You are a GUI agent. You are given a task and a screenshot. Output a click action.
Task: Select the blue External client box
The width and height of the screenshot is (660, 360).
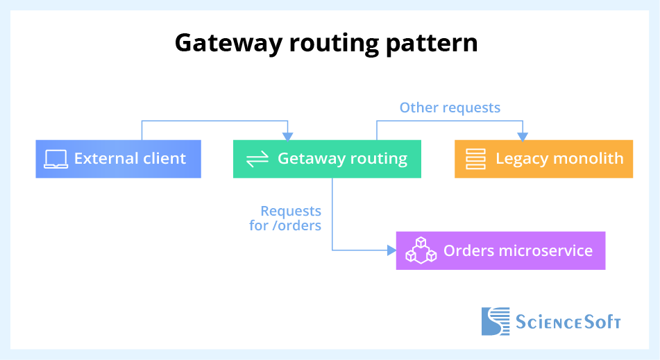click(118, 159)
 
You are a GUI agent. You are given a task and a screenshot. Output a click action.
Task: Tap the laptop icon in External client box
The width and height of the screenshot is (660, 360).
click(56, 159)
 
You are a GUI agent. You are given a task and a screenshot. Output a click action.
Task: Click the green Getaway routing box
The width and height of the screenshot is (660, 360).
click(327, 159)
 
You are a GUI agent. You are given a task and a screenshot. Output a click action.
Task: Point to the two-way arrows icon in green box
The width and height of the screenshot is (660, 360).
click(257, 159)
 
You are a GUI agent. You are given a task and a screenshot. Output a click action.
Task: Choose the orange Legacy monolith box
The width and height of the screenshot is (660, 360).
click(543, 159)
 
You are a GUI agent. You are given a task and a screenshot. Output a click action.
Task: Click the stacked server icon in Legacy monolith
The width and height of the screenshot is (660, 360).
click(475, 159)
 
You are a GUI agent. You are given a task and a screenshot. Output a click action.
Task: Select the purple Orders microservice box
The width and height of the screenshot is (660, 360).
click(500, 250)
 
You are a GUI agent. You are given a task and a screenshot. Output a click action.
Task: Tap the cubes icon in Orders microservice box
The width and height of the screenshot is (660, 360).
click(421, 250)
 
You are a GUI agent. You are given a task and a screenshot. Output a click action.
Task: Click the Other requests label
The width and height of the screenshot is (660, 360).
click(450, 108)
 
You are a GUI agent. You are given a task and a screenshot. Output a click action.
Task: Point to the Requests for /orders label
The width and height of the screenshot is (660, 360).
click(286, 218)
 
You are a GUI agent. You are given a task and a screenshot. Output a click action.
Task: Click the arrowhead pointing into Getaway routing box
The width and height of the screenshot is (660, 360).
click(288, 136)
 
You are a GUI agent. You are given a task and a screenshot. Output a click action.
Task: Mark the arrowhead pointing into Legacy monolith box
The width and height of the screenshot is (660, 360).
click(523, 136)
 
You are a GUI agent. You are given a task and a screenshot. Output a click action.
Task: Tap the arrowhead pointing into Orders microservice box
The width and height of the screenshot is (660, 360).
click(391, 250)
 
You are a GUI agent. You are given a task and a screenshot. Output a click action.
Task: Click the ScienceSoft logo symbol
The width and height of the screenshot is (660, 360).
click(496, 321)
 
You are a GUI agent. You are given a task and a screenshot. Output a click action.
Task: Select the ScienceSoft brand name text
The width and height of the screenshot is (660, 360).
click(568, 322)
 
